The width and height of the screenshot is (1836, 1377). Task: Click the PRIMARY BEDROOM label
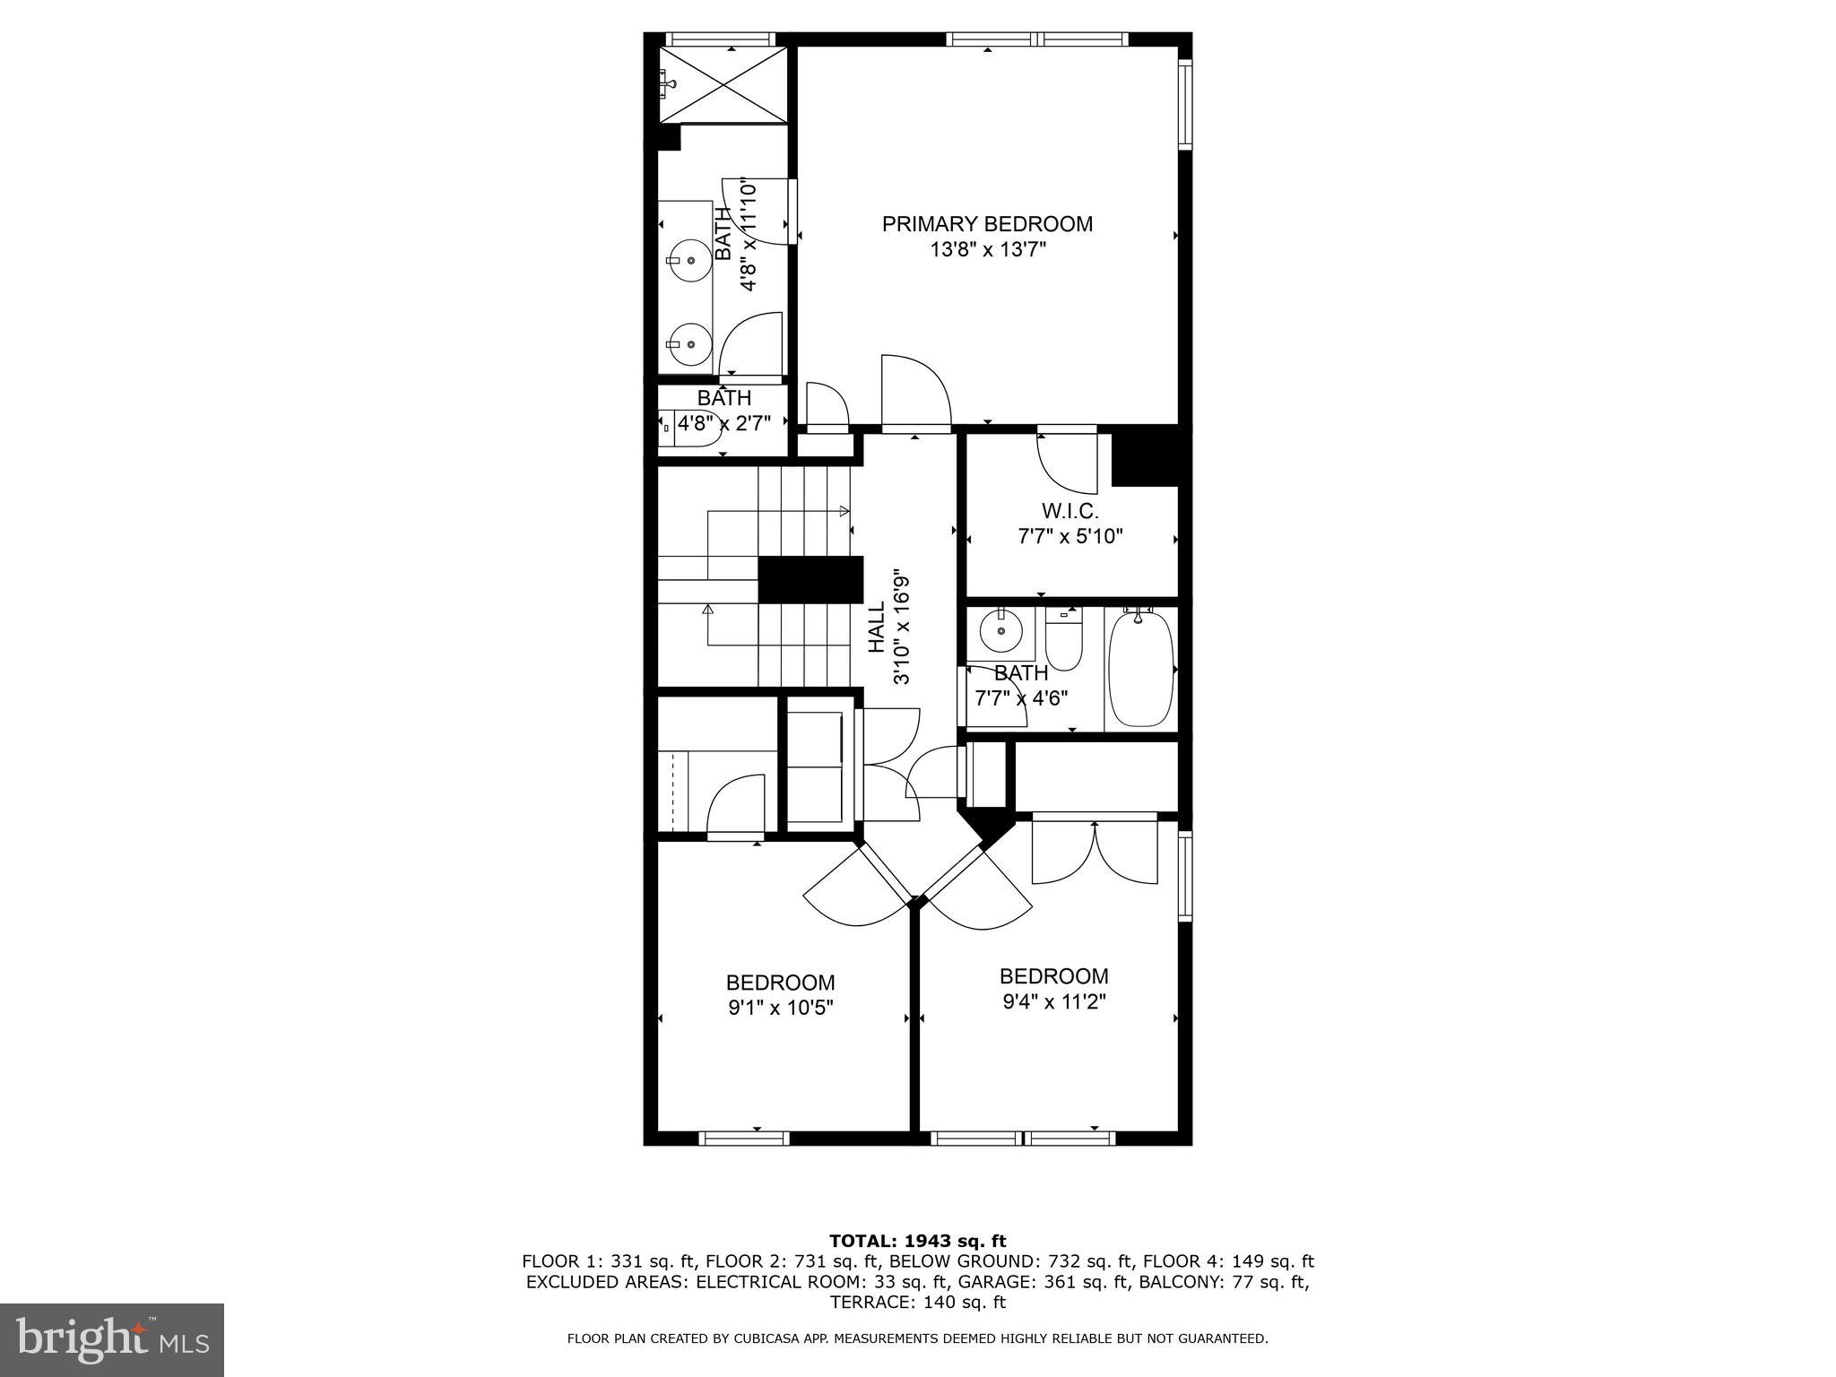click(x=987, y=224)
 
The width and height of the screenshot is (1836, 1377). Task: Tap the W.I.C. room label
click(x=1070, y=511)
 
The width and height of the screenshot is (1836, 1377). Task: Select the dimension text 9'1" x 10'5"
click(x=780, y=1008)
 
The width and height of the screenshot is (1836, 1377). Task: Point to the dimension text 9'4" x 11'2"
click(x=1053, y=1000)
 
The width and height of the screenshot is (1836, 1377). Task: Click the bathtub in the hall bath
click(x=1140, y=669)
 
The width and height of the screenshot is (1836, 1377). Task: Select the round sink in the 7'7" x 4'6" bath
click(x=1000, y=632)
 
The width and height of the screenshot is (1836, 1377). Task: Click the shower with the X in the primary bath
click(x=722, y=85)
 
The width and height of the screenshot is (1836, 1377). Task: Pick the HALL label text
click(x=877, y=627)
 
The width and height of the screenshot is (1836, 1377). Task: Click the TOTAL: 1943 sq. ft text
click(x=917, y=1241)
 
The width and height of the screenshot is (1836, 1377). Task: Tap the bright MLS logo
click(x=112, y=1339)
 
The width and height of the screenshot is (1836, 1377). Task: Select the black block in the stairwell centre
click(x=810, y=579)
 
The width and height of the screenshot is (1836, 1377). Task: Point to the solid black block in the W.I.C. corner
click(x=1144, y=457)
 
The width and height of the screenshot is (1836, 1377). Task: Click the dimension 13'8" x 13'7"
click(x=987, y=249)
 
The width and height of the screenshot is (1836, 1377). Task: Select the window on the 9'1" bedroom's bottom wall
click(x=743, y=1139)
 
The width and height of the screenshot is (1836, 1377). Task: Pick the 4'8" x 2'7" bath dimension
click(x=723, y=423)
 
